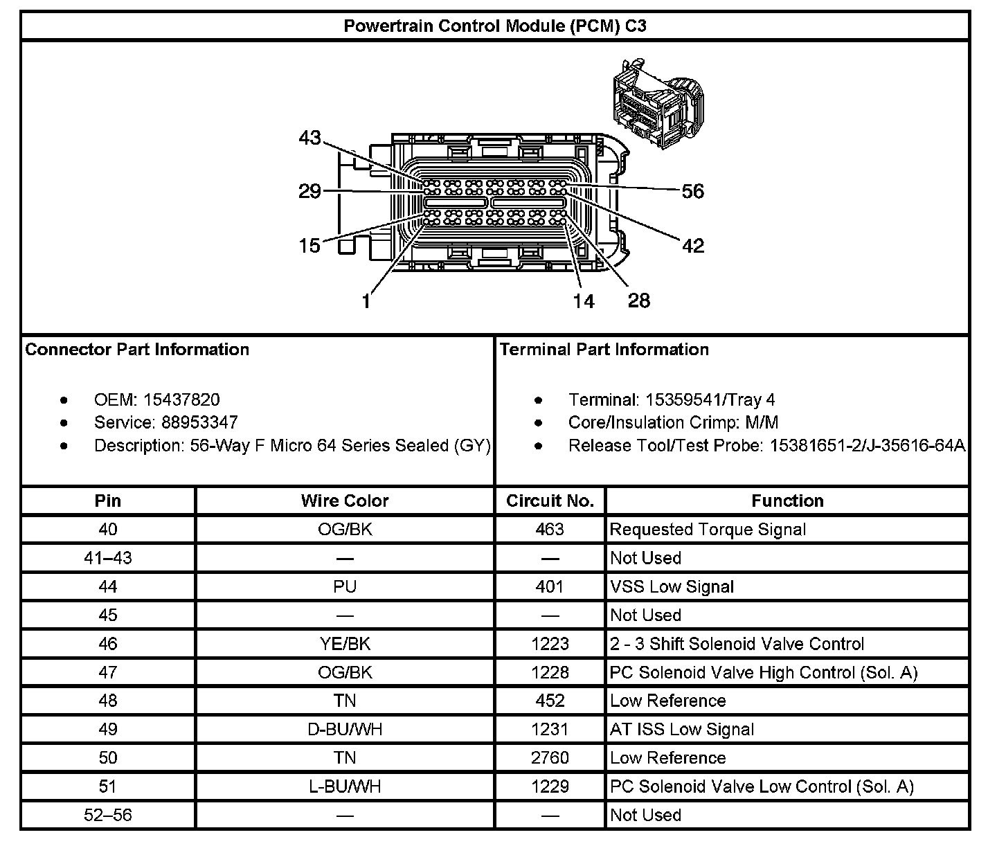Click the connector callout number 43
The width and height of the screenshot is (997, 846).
click(x=309, y=138)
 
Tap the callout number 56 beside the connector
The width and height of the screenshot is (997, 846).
click(x=692, y=191)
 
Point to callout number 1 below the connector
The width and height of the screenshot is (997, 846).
click(x=366, y=301)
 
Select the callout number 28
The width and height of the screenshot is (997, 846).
click(x=638, y=300)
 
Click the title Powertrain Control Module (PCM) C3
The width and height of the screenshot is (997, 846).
click(x=495, y=26)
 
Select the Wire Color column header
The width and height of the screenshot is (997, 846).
click(x=345, y=501)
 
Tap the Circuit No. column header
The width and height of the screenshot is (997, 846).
click(x=550, y=501)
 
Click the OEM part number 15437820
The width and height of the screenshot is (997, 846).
click(x=181, y=399)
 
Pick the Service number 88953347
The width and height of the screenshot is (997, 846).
click(x=199, y=422)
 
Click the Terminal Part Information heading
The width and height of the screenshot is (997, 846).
click(x=604, y=349)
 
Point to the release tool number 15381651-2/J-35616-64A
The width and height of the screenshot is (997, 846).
click(x=867, y=445)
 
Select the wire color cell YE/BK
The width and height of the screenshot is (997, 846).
click(x=345, y=644)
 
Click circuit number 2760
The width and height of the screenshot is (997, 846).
click(x=550, y=758)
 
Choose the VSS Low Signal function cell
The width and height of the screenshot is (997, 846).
click(x=672, y=587)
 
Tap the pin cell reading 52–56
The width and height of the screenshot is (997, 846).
click(x=108, y=816)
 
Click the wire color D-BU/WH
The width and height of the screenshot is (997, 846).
click(x=345, y=730)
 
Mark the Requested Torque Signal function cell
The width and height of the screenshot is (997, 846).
click(x=708, y=530)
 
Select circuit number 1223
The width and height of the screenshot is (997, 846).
click(x=550, y=644)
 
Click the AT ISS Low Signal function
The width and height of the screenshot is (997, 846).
click(x=682, y=730)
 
